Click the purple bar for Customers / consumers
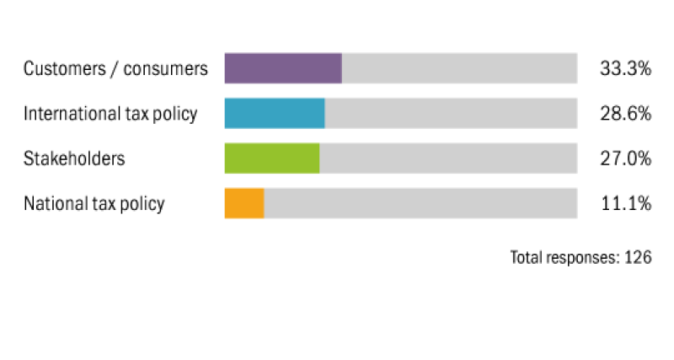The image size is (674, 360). tap(282, 68)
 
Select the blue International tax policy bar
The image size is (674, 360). tap(274, 113)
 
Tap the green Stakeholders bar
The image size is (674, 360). tap(271, 158)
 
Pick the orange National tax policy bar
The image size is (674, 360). tap(243, 203)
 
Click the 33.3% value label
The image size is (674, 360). tap(625, 69)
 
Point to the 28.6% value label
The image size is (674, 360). tap(625, 114)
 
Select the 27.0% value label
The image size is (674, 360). tap(625, 159)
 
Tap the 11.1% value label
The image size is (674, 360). tap(625, 203)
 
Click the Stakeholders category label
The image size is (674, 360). tap(74, 159)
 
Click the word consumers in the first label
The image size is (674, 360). tap(165, 69)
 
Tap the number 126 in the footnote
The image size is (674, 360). tap(638, 257)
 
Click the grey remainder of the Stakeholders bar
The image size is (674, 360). tap(448, 158)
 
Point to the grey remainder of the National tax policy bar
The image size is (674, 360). tap(420, 203)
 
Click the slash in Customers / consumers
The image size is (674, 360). tap(113, 69)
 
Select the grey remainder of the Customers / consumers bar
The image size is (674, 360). tap(459, 68)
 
